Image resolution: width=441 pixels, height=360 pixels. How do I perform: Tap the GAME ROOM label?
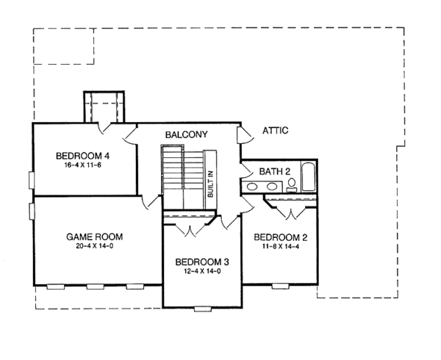(94, 237)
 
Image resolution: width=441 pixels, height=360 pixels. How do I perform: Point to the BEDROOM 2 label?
(280, 237)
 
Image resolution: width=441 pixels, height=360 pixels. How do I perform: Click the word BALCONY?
(186, 135)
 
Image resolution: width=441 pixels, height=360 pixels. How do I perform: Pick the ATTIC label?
(275, 131)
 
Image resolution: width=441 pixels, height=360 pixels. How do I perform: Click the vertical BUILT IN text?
(210, 181)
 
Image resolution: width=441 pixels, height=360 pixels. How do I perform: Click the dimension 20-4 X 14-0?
(94, 248)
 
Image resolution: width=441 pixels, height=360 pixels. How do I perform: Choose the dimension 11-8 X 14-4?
(280, 248)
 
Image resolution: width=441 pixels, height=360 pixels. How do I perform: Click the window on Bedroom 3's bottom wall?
(202, 309)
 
